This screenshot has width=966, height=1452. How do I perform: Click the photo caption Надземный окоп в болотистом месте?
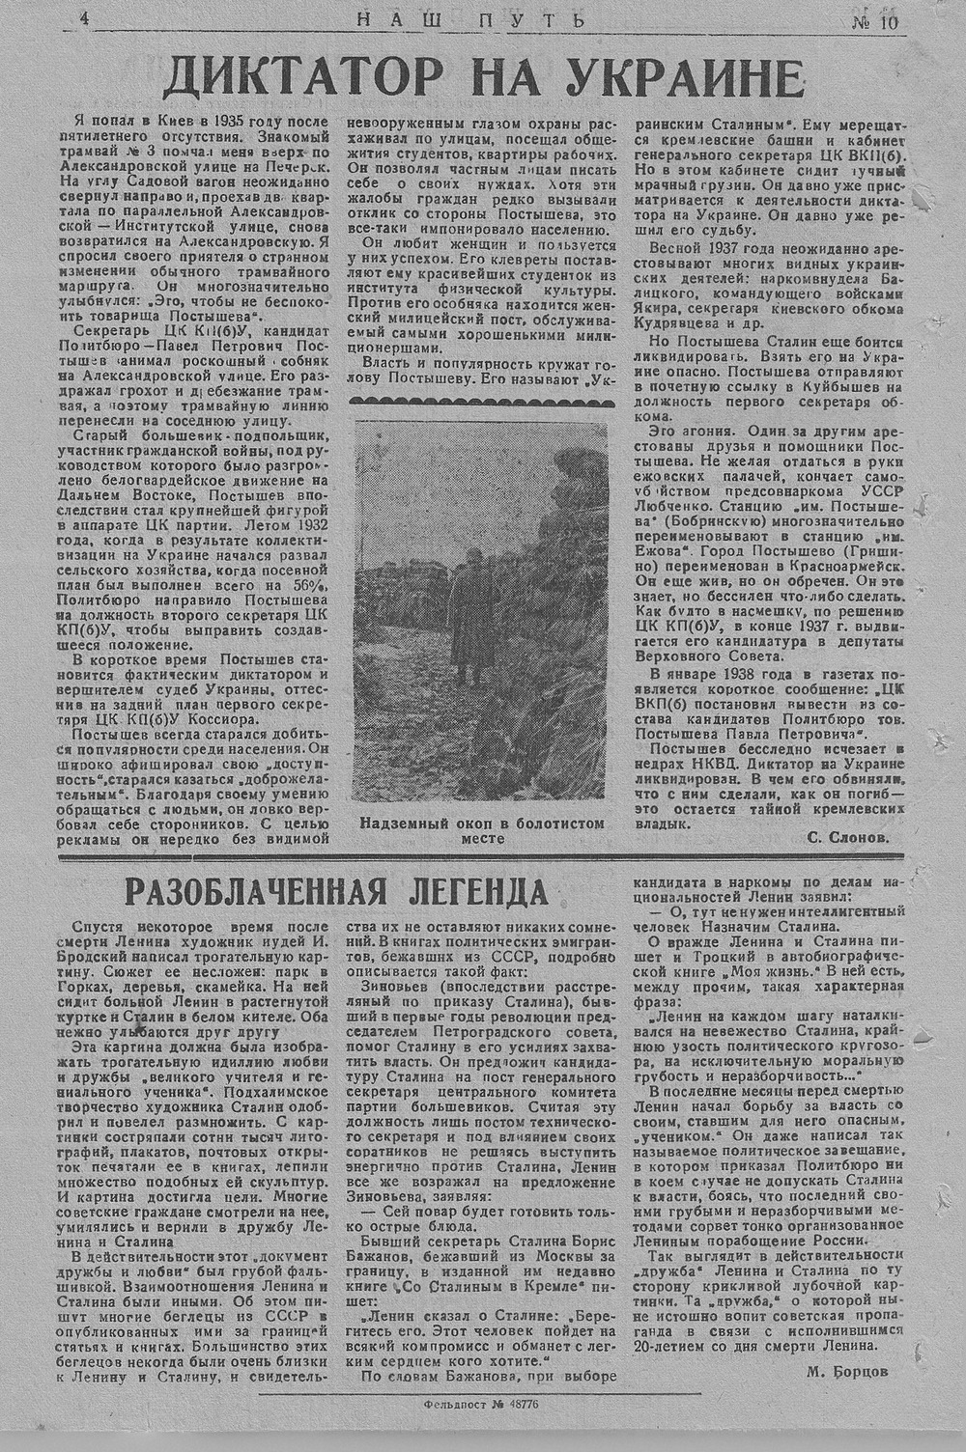[481, 831]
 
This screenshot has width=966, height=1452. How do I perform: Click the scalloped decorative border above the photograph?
[481, 400]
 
